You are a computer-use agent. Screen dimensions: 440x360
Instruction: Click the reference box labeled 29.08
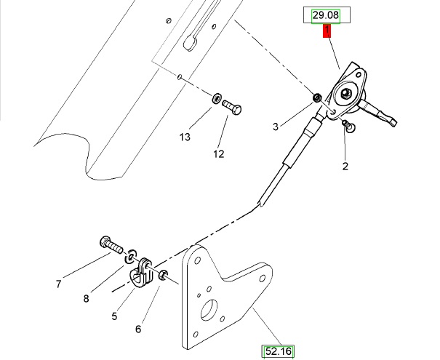[x=327, y=15]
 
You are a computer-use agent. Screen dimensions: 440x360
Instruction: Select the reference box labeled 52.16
[x=278, y=351]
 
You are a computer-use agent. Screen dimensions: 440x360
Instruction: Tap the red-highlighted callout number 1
[x=327, y=31]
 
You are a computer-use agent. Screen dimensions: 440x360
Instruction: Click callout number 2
[x=345, y=167]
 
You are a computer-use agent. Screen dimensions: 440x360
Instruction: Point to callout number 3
[x=276, y=127]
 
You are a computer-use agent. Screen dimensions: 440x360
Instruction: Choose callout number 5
[x=114, y=316]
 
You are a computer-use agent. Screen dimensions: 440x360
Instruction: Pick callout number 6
[x=138, y=329]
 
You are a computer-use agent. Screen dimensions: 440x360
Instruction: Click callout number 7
[x=58, y=284]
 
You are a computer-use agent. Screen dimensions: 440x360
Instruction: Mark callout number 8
[x=86, y=299]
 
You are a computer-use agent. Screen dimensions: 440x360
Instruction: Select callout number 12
[x=219, y=154]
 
